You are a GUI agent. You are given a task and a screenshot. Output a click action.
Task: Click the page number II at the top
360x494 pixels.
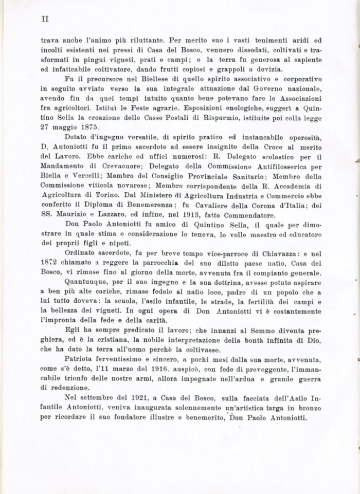44,18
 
